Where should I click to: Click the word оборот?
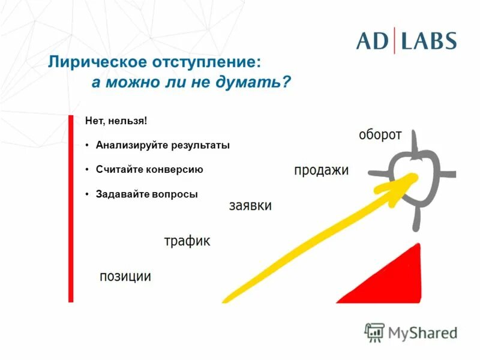click(380, 134)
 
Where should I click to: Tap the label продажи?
click(321, 170)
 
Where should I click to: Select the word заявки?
click(250, 206)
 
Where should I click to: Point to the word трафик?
click(187, 241)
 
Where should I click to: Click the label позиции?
click(125, 277)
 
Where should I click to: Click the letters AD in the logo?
click(373, 40)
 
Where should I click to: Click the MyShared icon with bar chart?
click(375, 332)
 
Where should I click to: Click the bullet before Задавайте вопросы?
click(87, 194)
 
